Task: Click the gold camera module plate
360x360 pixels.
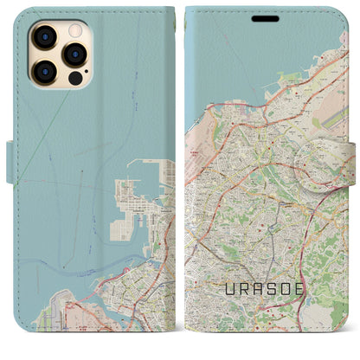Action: (57, 55)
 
